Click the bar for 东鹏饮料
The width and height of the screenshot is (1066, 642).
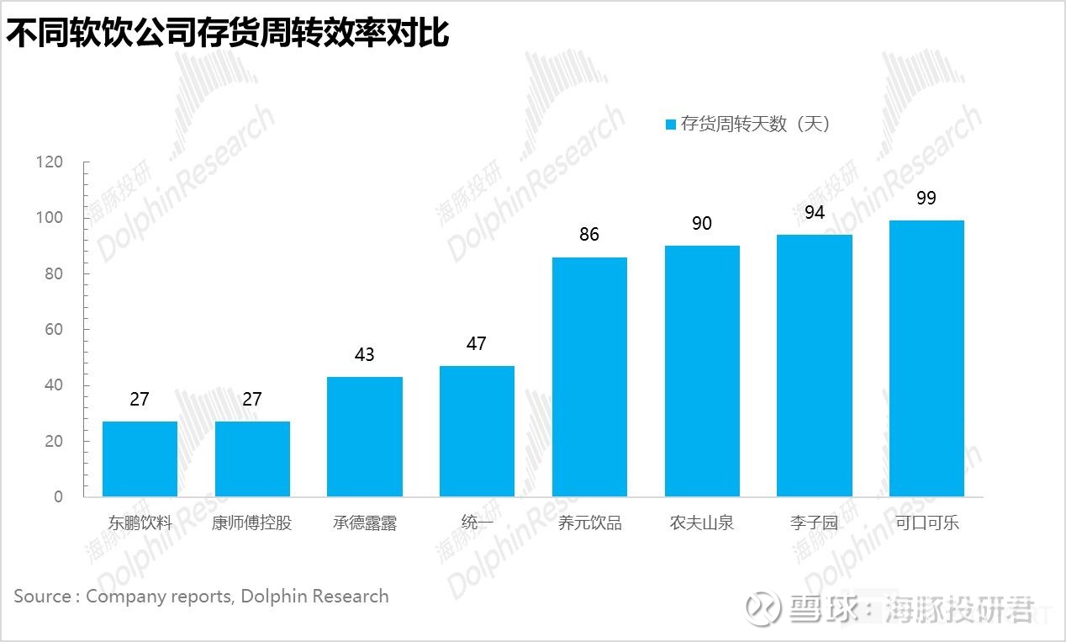coord(140,459)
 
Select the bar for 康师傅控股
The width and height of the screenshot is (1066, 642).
coord(252,459)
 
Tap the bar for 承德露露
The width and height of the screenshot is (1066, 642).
coord(365,436)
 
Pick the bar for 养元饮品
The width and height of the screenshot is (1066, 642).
coord(589,376)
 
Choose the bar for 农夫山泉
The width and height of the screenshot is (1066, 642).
coord(702,370)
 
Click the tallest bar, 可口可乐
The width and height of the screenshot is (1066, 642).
coord(926,358)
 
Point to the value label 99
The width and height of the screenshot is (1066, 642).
coord(926,199)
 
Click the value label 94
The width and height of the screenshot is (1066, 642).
coord(815,212)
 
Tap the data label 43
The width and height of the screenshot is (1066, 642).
coord(365,355)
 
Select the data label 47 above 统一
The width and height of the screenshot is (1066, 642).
coord(477,343)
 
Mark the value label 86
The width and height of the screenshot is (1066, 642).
coord(589,235)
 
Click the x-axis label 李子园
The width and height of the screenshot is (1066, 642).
coord(815,523)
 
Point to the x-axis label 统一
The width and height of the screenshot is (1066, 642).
coord(477,523)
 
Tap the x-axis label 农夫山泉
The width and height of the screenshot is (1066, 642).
coord(702,523)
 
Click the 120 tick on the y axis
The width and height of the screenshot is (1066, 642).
coord(50,162)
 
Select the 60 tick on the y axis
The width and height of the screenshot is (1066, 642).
coord(54,329)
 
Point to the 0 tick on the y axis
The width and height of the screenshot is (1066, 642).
coord(58,496)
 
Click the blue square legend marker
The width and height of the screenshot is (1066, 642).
coord(671,125)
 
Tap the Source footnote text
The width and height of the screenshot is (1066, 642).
coord(201,597)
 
